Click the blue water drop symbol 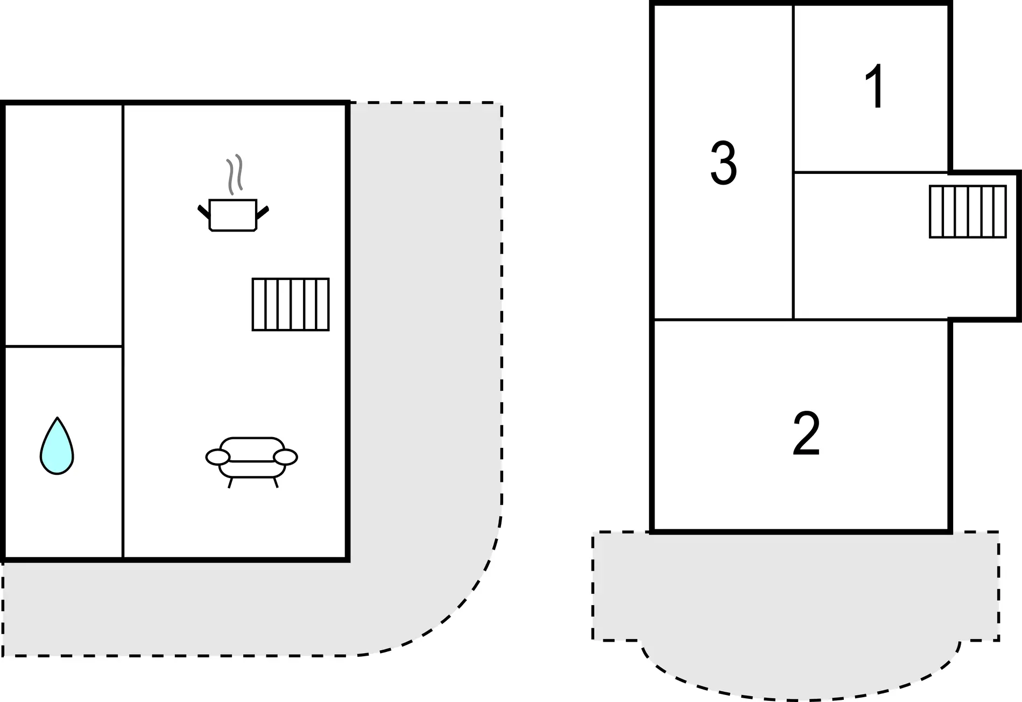(x=57, y=447)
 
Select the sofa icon (x=252, y=462)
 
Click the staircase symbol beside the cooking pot (x=291, y=304)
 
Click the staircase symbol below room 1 (x=968, y=212)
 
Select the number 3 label (x=723, y=163)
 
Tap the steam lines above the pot (x=235, y=174)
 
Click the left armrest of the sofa (x=218, y=457)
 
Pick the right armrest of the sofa (x=285, y=457)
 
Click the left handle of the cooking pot (x=203, y=212)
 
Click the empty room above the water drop (x=64, y=224)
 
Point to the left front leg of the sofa (x=230, y=483)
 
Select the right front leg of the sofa (x=276, y=482)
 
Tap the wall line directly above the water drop (x=64, y=346)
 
